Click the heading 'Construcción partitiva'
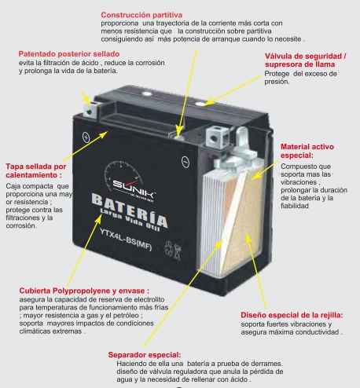point(141,15)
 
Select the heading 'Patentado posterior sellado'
point(69,54)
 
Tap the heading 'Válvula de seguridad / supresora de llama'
point(305,60)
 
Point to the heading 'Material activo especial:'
point(307,151)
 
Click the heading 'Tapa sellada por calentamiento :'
point(36,170)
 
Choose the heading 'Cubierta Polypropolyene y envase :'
point(84,291)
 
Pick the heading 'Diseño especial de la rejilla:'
point(292,315)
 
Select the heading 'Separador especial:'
point(145,355)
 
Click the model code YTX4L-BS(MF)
point(126,240)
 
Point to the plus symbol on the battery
point(86,137)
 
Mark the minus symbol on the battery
point(186,162)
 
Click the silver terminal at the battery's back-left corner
point(90,110)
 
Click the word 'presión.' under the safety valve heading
point(277,82)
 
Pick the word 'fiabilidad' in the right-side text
point(295,206)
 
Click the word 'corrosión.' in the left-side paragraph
point(20,225)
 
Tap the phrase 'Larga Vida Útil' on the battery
point(130,221)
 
